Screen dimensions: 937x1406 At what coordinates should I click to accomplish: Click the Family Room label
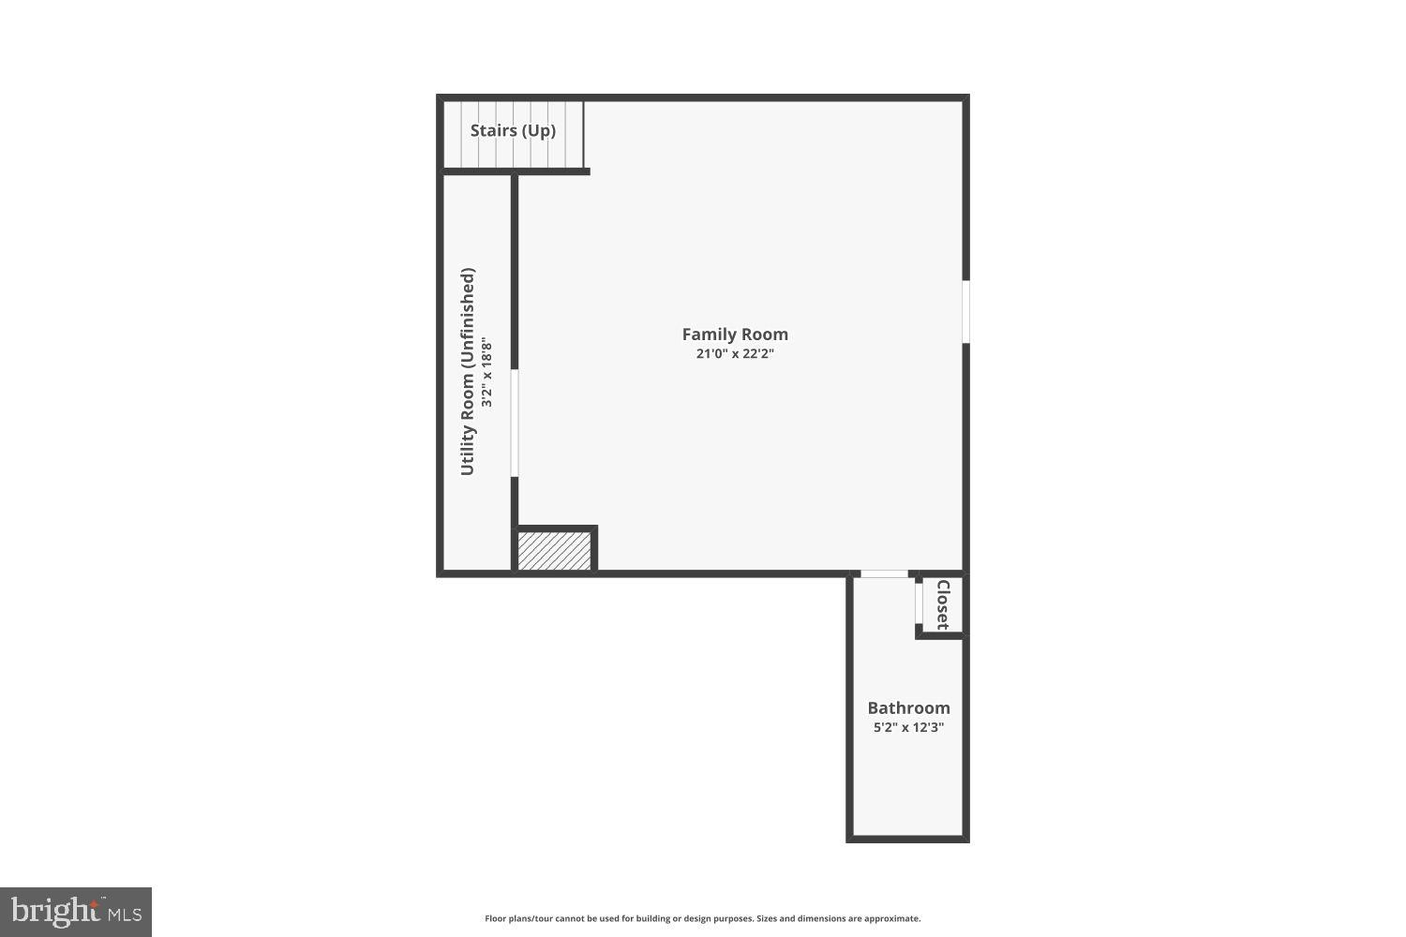pos(735,335)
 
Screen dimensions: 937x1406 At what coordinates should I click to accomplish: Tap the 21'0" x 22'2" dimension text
pos(735,354)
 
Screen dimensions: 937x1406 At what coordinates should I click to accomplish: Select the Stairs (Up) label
pos(513,130)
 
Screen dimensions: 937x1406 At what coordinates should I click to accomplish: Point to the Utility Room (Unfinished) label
pos(468,371)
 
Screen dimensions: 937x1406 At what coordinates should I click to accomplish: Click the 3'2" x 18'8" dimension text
pos(486,372)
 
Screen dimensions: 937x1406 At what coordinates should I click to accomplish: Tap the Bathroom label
pos(908,708)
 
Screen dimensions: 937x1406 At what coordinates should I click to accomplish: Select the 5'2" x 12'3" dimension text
pos(908,727)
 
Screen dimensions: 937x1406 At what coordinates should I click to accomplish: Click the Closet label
pos(943,604)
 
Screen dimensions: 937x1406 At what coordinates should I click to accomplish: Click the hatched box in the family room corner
pos(555,551)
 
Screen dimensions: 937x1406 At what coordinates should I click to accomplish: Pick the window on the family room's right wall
pos(965,312)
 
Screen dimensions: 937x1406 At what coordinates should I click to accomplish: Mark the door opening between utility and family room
pos(515,423)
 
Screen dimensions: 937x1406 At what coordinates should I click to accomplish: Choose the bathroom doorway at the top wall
pos(884,573)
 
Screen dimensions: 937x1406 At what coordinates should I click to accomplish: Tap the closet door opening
pos(920,604)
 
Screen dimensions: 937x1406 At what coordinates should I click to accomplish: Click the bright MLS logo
pos(75,912)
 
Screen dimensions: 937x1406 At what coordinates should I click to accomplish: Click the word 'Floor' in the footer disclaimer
pos(495,919)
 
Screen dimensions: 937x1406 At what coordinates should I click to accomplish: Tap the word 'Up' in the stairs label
pos(539,130)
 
